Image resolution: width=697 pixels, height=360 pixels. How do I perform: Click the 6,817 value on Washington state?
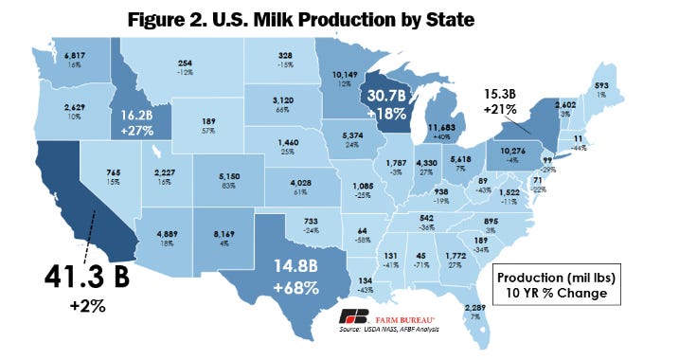[75, 55]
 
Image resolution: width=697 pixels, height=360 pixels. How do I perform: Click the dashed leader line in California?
[81, 231]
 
